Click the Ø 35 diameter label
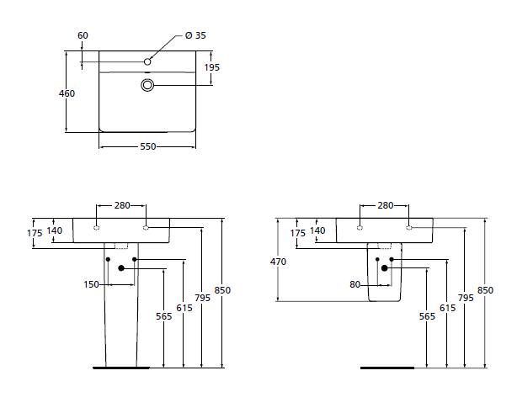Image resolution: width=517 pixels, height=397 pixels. pos(195,35)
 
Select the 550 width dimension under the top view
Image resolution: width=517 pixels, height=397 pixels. pos(147,146)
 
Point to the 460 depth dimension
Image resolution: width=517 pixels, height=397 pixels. pos(67,93)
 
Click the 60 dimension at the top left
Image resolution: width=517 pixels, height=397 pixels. pos(83,35)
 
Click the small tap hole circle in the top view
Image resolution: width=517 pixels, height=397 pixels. pos(147,61)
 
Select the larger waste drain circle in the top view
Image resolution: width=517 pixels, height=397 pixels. pos(147,85)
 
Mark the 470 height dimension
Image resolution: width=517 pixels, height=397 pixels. pos(279,262)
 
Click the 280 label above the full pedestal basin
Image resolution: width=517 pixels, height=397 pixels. pos(122,205)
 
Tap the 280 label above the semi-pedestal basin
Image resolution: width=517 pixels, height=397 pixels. pos(385,205)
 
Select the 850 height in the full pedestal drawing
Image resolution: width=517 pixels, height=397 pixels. pos(222,290)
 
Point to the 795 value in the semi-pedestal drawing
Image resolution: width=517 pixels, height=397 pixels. pos(466,297)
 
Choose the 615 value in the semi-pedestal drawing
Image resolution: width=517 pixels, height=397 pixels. pos(446,309)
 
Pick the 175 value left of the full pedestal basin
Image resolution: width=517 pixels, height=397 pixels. pos(34,233)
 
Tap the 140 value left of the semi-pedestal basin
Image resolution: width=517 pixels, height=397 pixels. pos(317,230)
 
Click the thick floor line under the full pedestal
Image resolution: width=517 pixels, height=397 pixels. pos(120,368)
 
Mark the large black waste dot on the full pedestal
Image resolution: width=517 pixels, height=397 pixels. pos(122,268)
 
